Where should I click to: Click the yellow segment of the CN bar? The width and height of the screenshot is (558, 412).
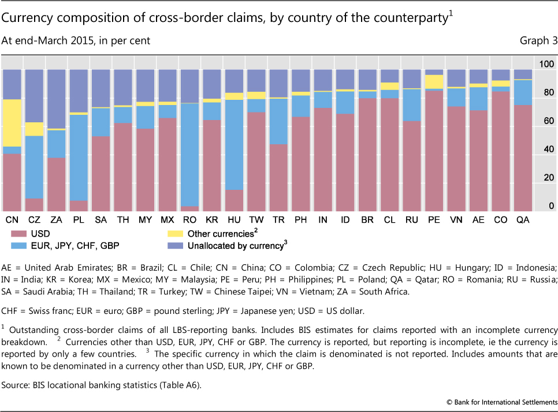tap(12, 123)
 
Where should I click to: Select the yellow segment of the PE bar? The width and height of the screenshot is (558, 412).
tap(434, 82)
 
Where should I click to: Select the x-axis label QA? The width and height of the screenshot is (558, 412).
tap(522, 220)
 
